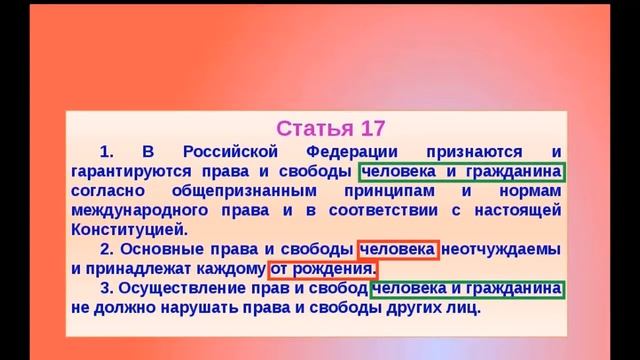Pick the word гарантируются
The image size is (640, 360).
(x=131, y=171)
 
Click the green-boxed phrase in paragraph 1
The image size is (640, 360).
(x=463, y=171)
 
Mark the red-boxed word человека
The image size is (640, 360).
(x=397, y=248)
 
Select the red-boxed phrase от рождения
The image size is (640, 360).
(x=322, y=268)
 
